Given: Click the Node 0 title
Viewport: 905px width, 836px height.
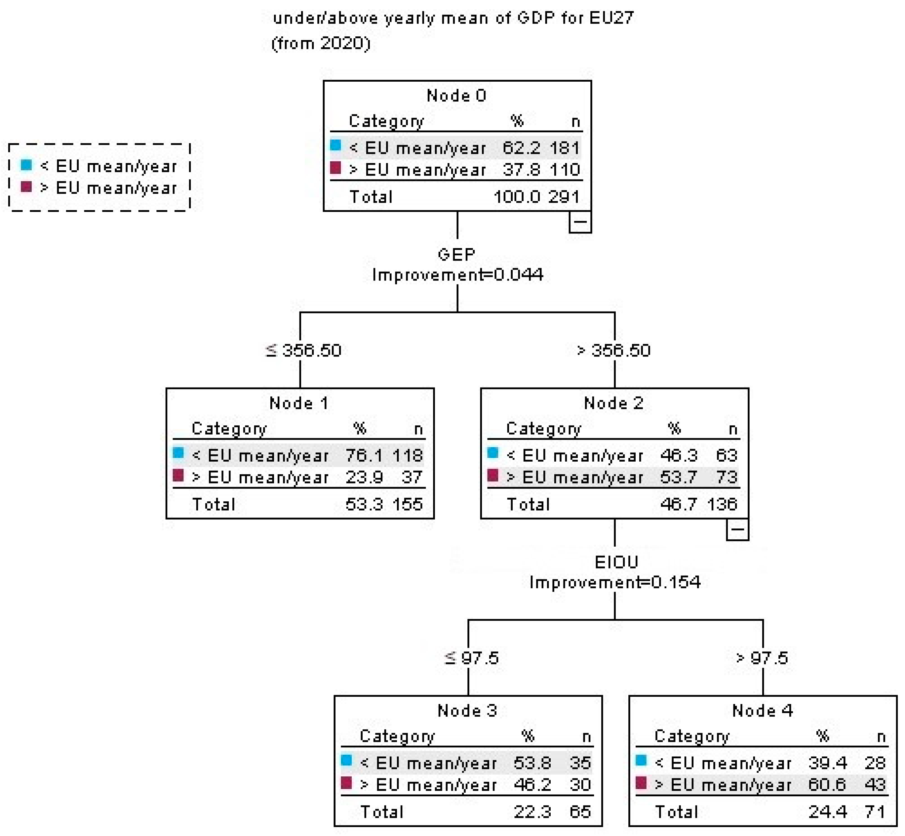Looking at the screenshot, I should tap(456, 96).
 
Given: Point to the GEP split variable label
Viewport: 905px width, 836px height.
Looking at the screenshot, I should tap(456, 255).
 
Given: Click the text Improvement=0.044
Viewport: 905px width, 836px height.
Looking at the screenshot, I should tap(457, 274).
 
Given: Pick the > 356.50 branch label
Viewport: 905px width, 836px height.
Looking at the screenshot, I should tap(614, 351).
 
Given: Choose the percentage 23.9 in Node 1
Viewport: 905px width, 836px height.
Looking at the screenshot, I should tap(364, 477).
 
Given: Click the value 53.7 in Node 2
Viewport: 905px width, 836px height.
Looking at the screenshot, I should tap(679, 477).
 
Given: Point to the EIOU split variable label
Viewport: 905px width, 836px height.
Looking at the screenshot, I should tap(616, 562).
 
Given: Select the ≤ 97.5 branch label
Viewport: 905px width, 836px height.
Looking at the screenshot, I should tap(471, 658).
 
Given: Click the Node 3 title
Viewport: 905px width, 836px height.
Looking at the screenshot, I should tap(467, 711).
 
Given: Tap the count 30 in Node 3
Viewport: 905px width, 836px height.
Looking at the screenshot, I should tap(580, 784).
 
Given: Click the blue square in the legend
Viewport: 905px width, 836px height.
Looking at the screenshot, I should tap(27, 165).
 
